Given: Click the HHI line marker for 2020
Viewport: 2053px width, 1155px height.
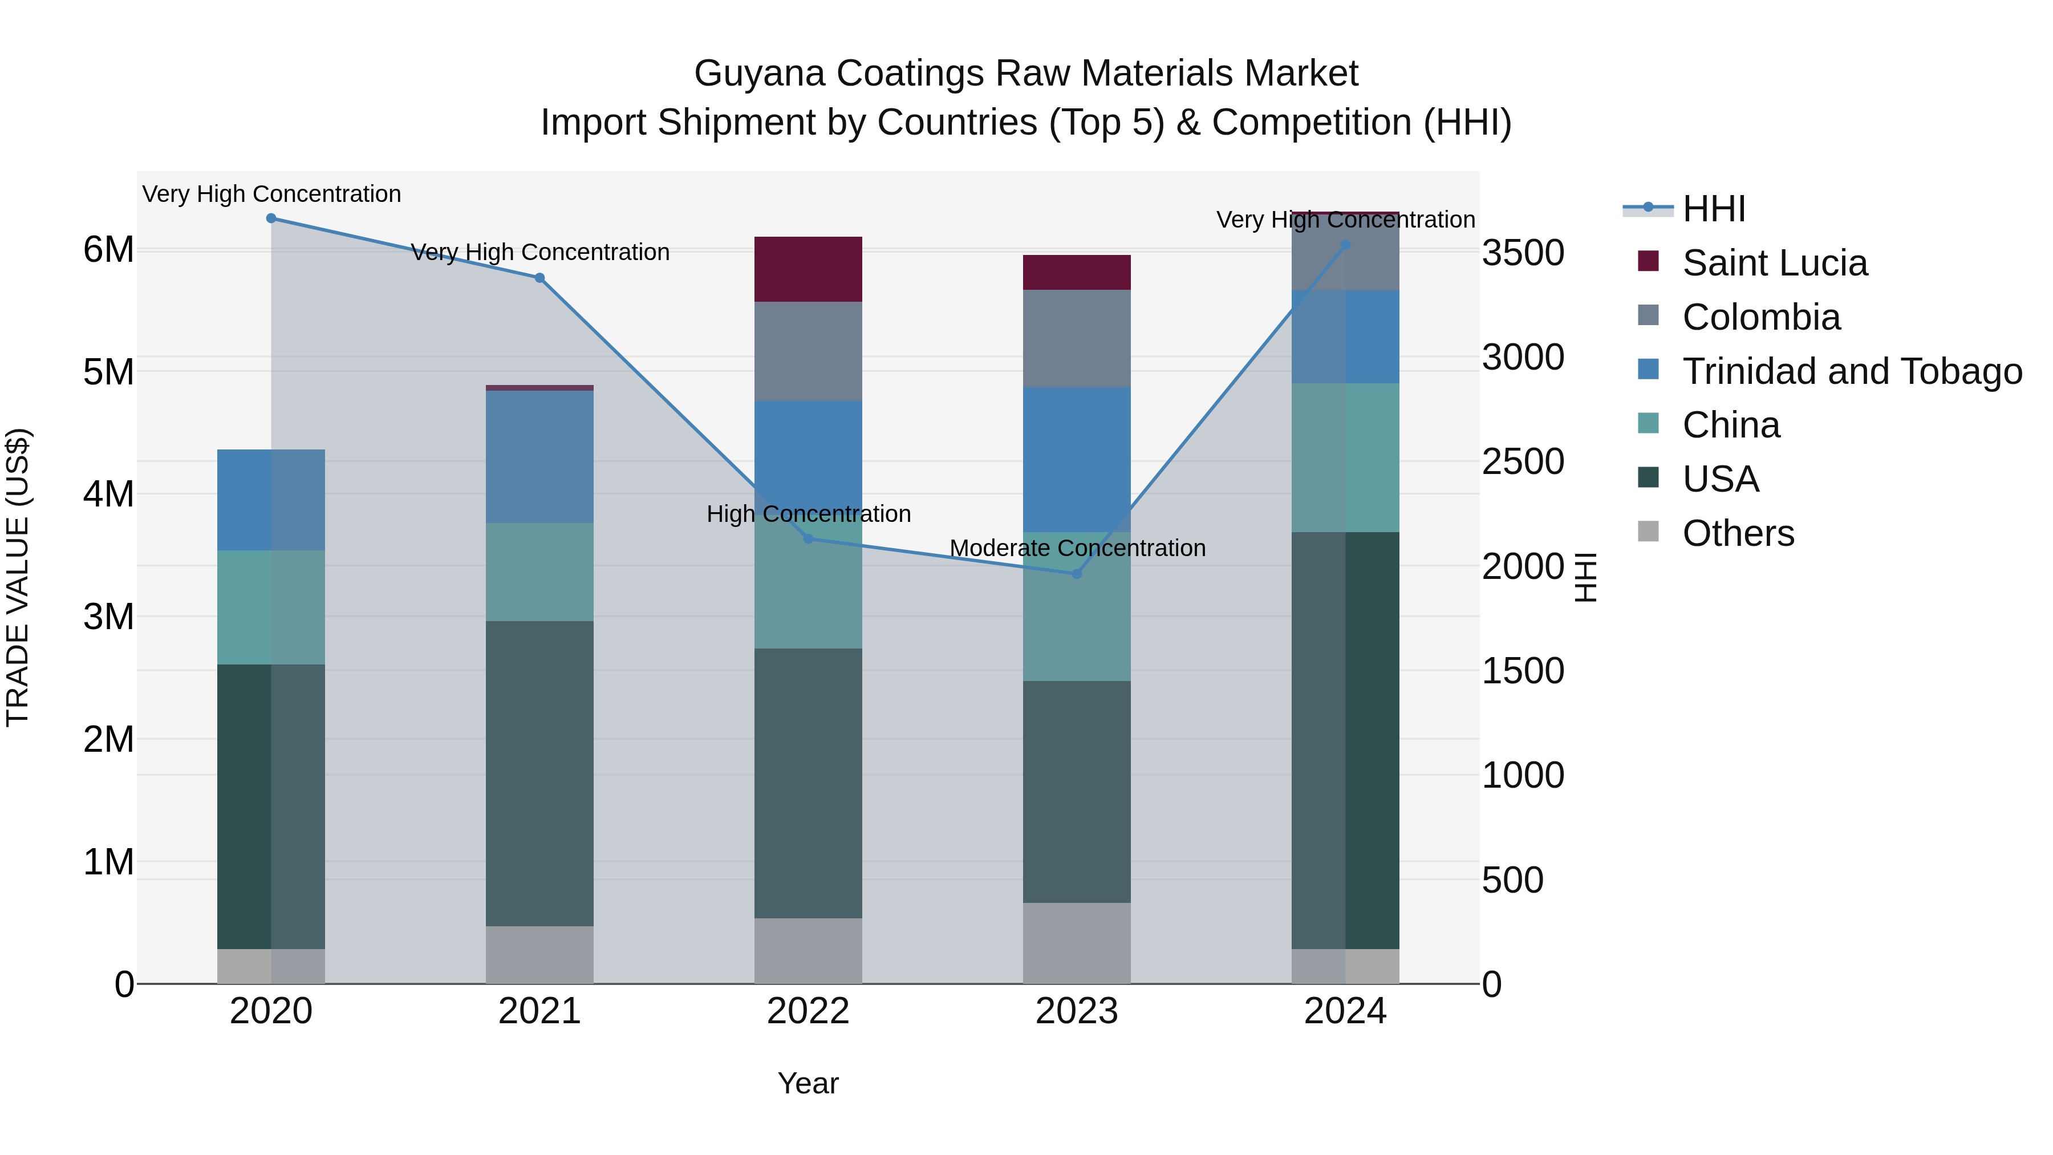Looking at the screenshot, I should coord(271,218).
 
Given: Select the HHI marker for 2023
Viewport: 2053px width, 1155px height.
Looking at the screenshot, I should coord(1077,574).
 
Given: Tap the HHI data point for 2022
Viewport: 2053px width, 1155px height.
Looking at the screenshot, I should coord(808,539).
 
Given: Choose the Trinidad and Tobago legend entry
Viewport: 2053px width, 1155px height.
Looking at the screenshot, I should coord(1851,371).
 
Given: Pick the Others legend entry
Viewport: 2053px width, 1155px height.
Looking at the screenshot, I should coord(1738,533).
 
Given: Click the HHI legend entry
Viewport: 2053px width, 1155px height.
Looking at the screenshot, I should coord(1714,209).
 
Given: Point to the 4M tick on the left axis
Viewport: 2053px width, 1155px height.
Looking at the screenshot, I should coord(108,494).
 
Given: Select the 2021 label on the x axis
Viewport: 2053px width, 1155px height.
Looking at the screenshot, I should coord(539,1011).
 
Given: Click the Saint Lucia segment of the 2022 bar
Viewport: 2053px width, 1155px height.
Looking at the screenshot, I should coord(808,269).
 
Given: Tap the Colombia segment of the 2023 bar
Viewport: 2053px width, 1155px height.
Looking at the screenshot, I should coord(1077,339).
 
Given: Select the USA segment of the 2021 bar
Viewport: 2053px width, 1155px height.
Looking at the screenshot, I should coord(539,773).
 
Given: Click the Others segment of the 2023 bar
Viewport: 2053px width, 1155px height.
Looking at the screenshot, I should coord(1077,943).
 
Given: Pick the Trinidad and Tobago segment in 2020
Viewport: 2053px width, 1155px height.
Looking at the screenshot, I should coord(271,500).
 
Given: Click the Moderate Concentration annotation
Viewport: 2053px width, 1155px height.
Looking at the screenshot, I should coord(1077,548).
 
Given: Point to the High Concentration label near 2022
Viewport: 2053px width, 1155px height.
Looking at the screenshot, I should coord(808,514).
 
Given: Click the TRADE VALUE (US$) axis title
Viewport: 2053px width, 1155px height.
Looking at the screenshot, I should coord(18,577).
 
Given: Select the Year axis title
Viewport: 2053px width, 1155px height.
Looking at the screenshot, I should coord(808,1083).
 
